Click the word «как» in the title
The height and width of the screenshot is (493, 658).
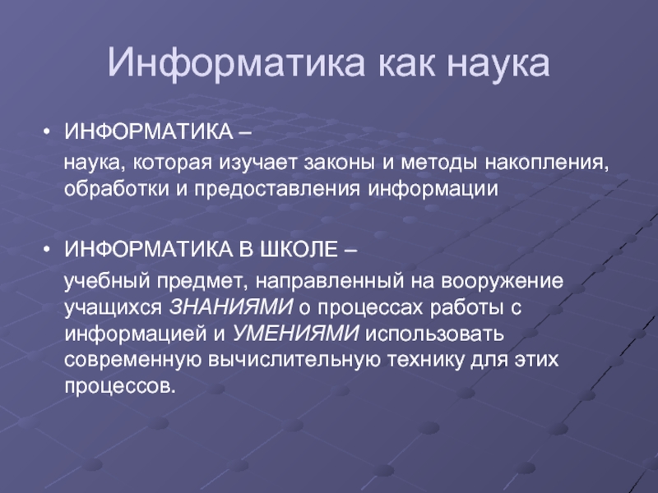(x=405, y=64)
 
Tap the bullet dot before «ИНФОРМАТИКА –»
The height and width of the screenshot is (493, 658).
(x=46, y=132)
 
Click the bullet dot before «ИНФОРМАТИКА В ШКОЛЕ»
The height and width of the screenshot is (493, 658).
(x=46, y=250)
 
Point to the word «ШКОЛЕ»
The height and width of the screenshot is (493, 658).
(x=299, y=250)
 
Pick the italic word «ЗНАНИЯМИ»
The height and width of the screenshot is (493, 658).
(x=231, y=306)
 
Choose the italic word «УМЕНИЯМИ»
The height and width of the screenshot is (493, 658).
(x=295, y=334)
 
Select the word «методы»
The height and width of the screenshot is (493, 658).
(x=438, y=163)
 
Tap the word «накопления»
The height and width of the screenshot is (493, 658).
(x=546, y=164)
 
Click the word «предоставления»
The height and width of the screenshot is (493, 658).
(x=277, y=190)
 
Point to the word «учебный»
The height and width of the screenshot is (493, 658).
(x=107, y=281)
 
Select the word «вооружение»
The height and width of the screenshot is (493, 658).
(x=502, y=282)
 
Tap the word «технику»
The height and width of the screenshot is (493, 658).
(x=424, y=361)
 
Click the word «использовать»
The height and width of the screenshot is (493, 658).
(x=435, y=334)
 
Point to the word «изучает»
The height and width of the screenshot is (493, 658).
(x=257, y=164)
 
